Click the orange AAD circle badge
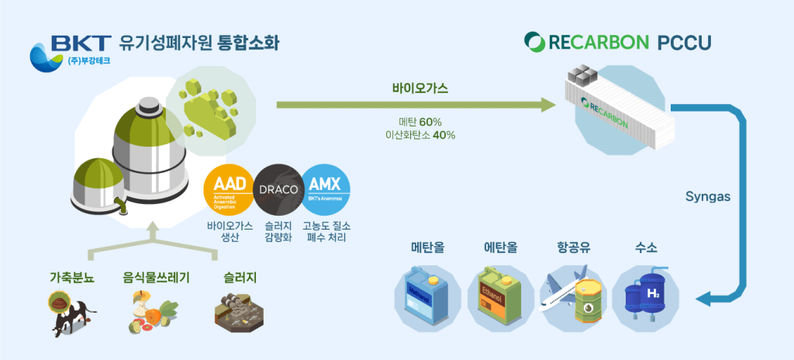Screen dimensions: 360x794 (229, 189)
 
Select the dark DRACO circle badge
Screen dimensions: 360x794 (278, 189)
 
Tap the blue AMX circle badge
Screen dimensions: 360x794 (326, 189)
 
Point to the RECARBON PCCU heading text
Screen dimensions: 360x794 (617, 41)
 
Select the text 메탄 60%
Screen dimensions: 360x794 (419, 122)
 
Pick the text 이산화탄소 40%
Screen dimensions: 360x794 (419, 135)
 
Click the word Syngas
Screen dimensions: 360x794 (707, 196)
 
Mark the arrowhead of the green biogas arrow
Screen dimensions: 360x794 (549, 105)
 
